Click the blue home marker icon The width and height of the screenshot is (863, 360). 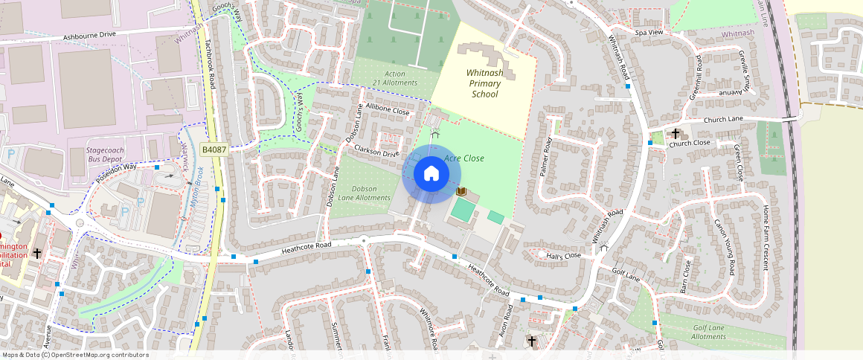click(x=431, y=174)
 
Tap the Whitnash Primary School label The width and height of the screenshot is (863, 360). click(x=484, y=83)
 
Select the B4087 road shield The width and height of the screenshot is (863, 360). click(x=214, y=150)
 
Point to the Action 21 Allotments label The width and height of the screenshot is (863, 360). click(x=395, y=78)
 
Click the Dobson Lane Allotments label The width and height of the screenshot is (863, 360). click(x=364, y=193)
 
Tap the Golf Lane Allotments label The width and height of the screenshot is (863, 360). click(x=708, y=332)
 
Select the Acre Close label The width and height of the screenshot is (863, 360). click(x=464, y=158)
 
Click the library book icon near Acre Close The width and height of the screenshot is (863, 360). click(x=461, y=192)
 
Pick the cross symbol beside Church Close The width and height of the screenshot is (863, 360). click(x=676, y=134)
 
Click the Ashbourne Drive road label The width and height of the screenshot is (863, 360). click(x=90, y=35)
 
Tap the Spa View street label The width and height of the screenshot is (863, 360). click(x=649, y=33)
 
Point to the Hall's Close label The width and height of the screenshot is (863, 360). click(x=563, y=256)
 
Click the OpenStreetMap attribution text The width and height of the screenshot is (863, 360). click(x=75, y=355)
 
